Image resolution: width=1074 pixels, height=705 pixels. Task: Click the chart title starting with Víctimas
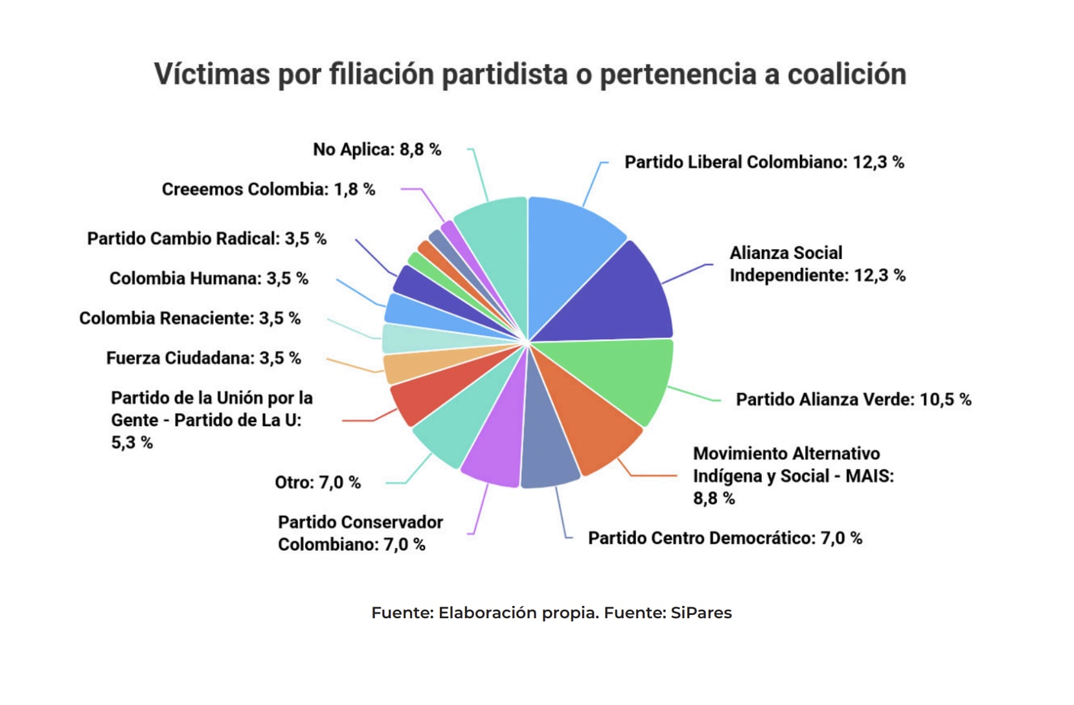tap(530, 74)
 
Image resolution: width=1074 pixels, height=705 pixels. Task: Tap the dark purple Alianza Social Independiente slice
tap(622, 298)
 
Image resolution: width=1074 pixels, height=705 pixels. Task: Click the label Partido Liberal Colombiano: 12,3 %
tap(764, 162)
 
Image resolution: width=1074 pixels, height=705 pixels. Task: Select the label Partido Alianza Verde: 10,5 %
tap(853, 399)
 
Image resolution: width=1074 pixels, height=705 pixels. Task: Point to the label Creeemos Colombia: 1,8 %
tap(268, 189)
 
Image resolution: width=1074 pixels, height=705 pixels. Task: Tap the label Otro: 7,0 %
tap(317, 482)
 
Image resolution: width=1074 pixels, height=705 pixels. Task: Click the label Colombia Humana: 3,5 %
tap(209, 278)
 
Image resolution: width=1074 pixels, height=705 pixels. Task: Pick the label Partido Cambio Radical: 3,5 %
tap(207, 238)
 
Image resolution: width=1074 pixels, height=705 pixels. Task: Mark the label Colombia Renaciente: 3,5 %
tap(190, 318)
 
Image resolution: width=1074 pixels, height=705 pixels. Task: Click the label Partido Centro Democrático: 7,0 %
tap(725, 538)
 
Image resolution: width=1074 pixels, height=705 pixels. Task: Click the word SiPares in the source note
tap(701, 612)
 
